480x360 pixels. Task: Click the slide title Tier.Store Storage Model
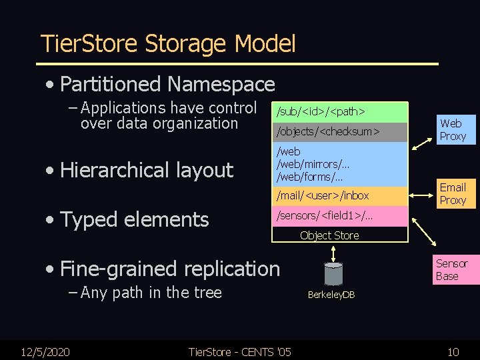168,44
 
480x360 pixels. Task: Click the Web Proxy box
452,129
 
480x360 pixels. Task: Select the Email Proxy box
453,193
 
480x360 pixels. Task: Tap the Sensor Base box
452,269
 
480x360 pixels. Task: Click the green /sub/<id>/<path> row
339,111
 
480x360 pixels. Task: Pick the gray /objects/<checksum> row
339,132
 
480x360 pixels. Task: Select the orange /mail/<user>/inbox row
339,195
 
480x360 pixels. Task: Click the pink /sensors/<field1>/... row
339,216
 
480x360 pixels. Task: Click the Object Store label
329,235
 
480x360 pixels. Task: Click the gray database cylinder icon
333,273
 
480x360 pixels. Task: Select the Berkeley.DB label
331,294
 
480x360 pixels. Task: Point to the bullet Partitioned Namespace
167,84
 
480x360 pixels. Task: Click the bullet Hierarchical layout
146,170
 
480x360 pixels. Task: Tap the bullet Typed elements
134,219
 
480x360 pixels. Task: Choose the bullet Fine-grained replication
169,269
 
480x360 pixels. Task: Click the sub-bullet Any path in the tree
150,292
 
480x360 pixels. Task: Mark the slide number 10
453,351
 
